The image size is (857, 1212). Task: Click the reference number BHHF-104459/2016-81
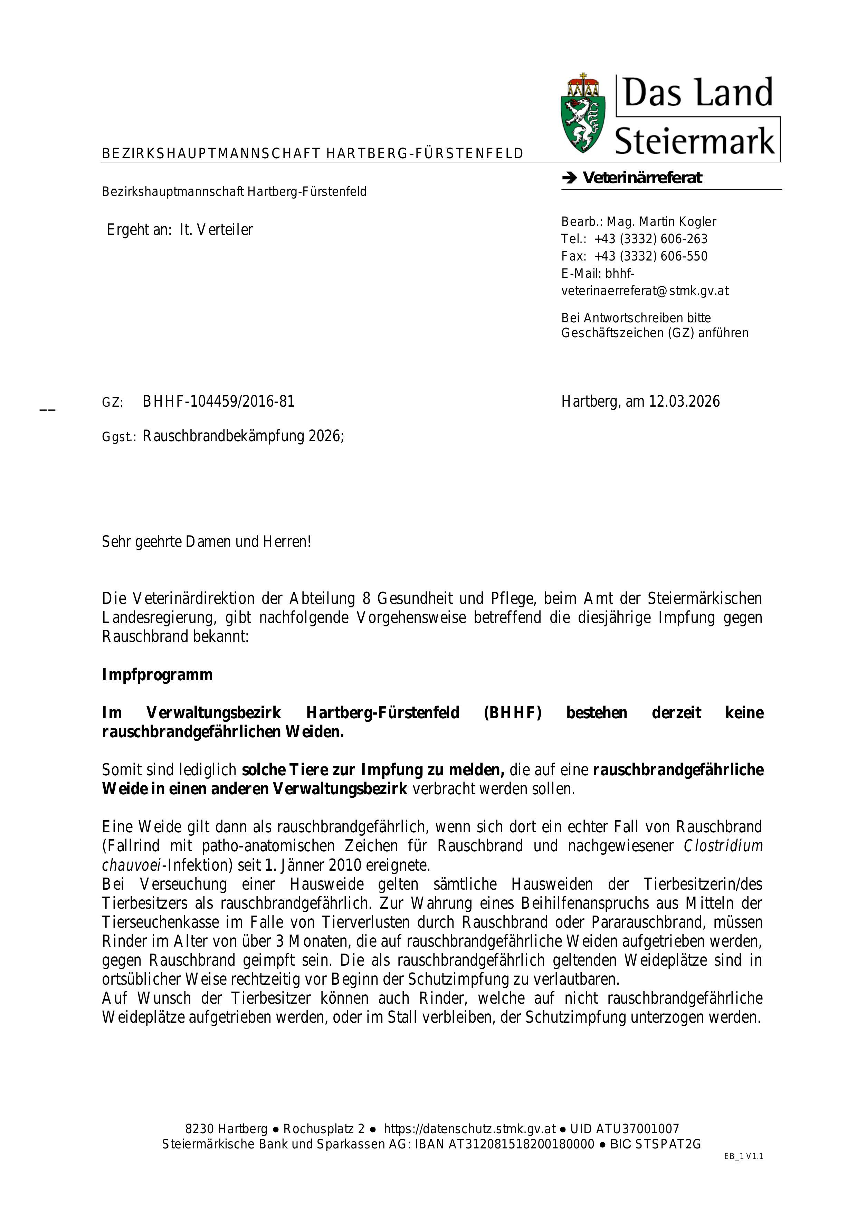(x=218, y=402)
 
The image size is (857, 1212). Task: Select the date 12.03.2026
(x=684, y=402)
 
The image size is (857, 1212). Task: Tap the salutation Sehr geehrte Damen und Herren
(x=206, y=542)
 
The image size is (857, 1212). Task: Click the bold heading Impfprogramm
(x=157, y=675)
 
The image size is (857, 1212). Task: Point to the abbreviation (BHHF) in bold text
(x=512, y=713)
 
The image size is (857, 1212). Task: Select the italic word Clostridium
(x=723, y=846)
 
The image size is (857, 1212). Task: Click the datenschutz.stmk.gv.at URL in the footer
(x=470, y=1129)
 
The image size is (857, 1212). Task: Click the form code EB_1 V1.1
(x=744, y=1157)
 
